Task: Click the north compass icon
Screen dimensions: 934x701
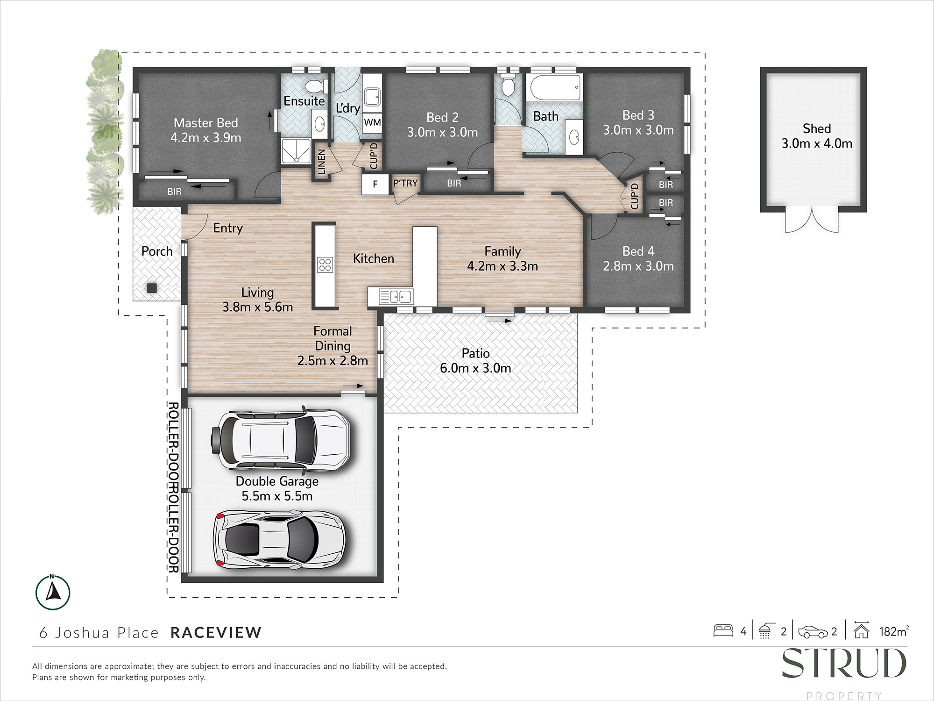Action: click(x=53, y=593)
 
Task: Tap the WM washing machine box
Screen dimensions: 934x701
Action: click(x=372, y=122)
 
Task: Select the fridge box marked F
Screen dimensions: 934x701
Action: click(x=375, y=184)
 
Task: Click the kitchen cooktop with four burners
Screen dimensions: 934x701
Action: click(x=325, y=265)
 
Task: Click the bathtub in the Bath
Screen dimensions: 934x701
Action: click(x=554, y=87)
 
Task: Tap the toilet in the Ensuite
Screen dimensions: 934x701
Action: click(x=317, y=86)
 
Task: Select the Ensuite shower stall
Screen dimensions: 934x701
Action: click(x=296, y=151)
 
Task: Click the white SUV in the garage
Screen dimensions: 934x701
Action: click(x=280, y=440)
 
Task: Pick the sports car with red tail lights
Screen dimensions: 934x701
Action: click(x=279, y=539)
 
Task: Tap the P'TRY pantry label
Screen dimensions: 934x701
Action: click(x=405, y=183)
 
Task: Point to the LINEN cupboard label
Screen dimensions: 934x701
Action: click(x=321, y=162)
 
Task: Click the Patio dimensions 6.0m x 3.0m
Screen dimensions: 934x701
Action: click(x=475, y=368)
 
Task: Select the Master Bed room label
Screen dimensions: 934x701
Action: click(x=206, y=123)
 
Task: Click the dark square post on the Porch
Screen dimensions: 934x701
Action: click(x=151, y=288)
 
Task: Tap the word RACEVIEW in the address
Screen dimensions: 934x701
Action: click(x=216, y=633)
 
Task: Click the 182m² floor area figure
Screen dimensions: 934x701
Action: click(x=894, y=631)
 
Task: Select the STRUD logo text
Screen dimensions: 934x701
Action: click(x=844, y=663)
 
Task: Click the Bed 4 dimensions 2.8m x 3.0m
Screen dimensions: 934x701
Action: click(x=638, y=266)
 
